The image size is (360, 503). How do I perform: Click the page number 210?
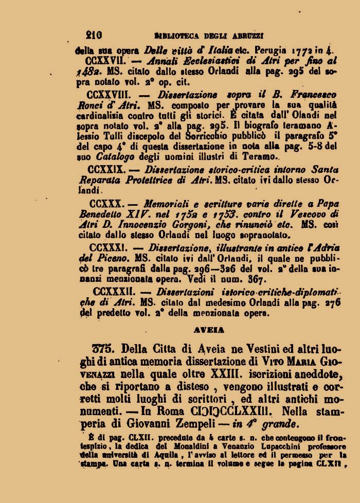pos(94,35)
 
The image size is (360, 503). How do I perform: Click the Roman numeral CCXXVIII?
pos(110,96)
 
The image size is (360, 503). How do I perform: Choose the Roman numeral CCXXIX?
pos(109,169)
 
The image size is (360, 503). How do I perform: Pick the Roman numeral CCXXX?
pos(105,205)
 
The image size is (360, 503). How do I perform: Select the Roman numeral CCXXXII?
pos(111,291)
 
